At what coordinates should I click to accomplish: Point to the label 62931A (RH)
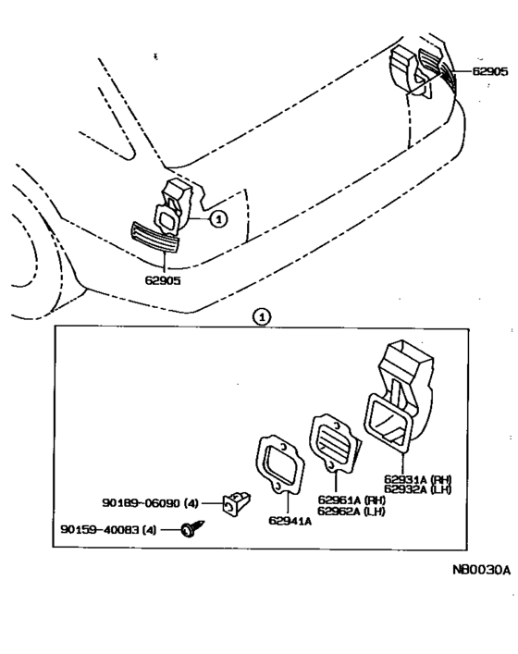point(416,479)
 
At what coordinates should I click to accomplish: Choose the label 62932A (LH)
point(416,490)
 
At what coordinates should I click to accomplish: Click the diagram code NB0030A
point(481,570)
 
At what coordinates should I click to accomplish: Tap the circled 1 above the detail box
point(264,316)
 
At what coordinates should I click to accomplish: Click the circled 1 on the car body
point(217,219)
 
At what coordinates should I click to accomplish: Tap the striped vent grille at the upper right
point(436,66)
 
